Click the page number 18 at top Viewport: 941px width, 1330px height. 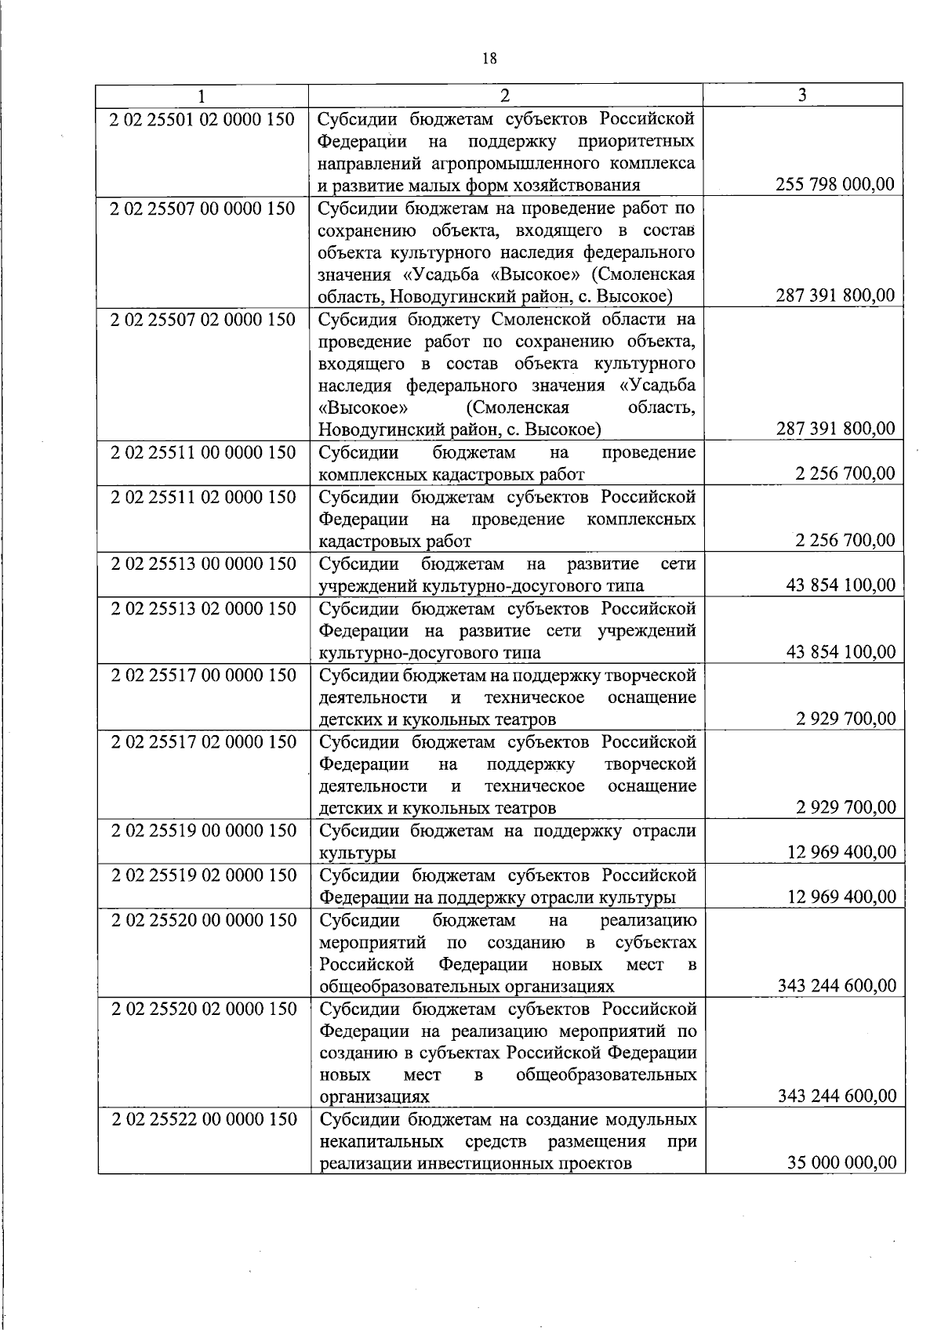click(489, 59)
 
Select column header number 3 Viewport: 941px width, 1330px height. click(801, 95)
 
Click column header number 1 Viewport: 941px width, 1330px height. click(202, 96)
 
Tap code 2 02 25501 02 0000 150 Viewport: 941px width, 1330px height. click(202, 119)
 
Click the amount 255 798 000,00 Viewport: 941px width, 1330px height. click(834, 185)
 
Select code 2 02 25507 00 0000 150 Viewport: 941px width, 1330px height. click(202, 208)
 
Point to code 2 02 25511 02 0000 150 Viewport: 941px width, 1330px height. click(202, 497)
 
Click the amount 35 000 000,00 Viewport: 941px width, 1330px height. click(841, 1162)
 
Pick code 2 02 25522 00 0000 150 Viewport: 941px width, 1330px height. click(204, 1119)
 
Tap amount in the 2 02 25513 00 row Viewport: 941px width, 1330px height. click(840, 585)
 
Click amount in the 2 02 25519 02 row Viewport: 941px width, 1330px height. click(841, 897)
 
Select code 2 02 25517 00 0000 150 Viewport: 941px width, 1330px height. click(203, 675)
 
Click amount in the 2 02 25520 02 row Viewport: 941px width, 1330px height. click(837, 1096)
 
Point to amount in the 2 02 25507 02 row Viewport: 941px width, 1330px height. click(834, 429)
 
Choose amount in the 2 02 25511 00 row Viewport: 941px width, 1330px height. click(844, 473)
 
